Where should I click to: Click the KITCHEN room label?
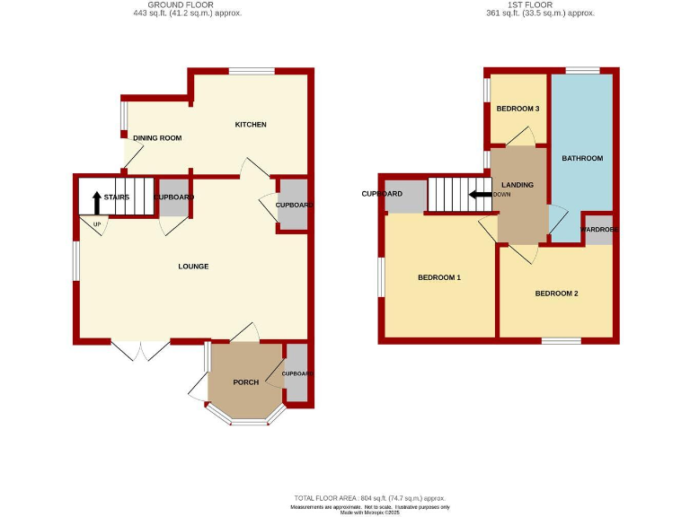pyautogui.click(x=251, y=125)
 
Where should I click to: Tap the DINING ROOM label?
pyautogui.click(x=157, y=138)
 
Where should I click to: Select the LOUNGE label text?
pyautogui.click(x=193, y=267)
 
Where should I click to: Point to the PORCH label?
pyautogui.click(x=245, y=382)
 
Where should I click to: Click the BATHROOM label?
pyautogui.click(x=581, y=159)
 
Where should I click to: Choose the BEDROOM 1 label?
pyautogui.click(x=438, y=278)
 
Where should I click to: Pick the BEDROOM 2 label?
pyautogui.click(x=556, y=294)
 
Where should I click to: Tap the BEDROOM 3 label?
pyautogui.click(x=517, y=110)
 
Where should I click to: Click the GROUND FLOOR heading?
pyautogui.click(x=186, y=5)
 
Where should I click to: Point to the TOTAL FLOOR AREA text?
pyautogui.click(x=369, y=498)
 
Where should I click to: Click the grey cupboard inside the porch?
pyautogui.click(x=296, y=373)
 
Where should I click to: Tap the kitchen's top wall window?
pyautogui.click(x=251, y=72)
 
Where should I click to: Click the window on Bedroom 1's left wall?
pyautogui.click(x=382, y=276)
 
